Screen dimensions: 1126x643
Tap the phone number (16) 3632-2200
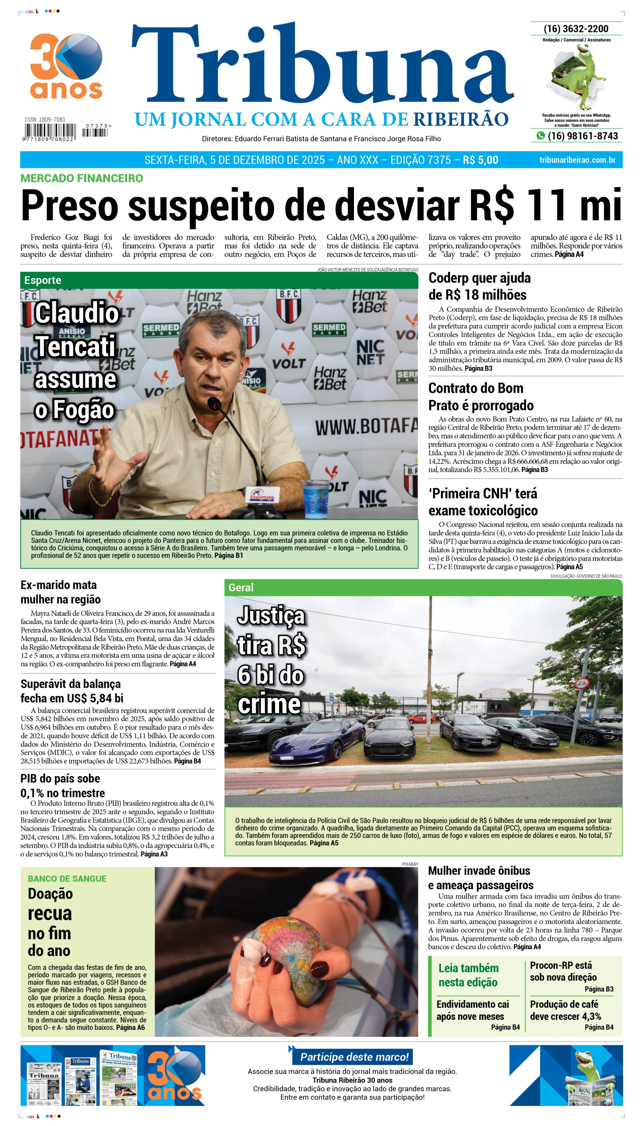click(x=576, y=29)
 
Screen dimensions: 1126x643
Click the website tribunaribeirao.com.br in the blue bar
click(x=577, y=160)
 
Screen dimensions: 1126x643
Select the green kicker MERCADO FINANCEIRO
click(x=82, y=179)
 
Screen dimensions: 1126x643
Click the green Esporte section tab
click(x=43, y=280)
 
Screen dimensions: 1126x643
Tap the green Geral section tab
click(x=241, y=587)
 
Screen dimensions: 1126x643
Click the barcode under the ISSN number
click(x=50, y=132)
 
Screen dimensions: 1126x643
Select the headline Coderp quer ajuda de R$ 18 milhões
click(x=479, y=286)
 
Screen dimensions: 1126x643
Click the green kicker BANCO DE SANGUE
click(x=67, y=878)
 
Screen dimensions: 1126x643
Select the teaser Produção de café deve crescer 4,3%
click(x=565, y=1010)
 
